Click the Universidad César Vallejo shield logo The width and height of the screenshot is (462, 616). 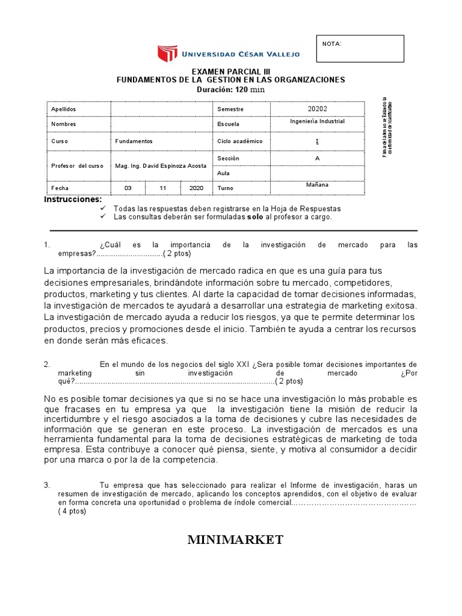click(168, 54)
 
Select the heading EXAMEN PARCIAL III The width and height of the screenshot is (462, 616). click(230, 71)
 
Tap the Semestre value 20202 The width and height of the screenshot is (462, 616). click(317, 109)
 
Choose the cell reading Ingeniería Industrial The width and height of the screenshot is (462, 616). click(317, 122)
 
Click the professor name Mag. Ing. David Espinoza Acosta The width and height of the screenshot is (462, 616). click(161, 165)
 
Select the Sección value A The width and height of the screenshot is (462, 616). click(317, 158)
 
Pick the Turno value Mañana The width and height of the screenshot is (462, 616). click(317, 185)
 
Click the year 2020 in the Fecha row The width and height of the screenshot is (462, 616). click(196, 188)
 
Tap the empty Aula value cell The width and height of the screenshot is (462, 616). click(317, 173)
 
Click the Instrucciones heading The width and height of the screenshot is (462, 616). click(73, 199)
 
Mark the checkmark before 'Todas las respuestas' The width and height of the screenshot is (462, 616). click(103, 208)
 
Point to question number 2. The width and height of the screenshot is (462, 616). click(47, 365)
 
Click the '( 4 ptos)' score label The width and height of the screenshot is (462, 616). click(72, 511)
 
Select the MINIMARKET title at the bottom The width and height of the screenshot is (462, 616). click(235, 540)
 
